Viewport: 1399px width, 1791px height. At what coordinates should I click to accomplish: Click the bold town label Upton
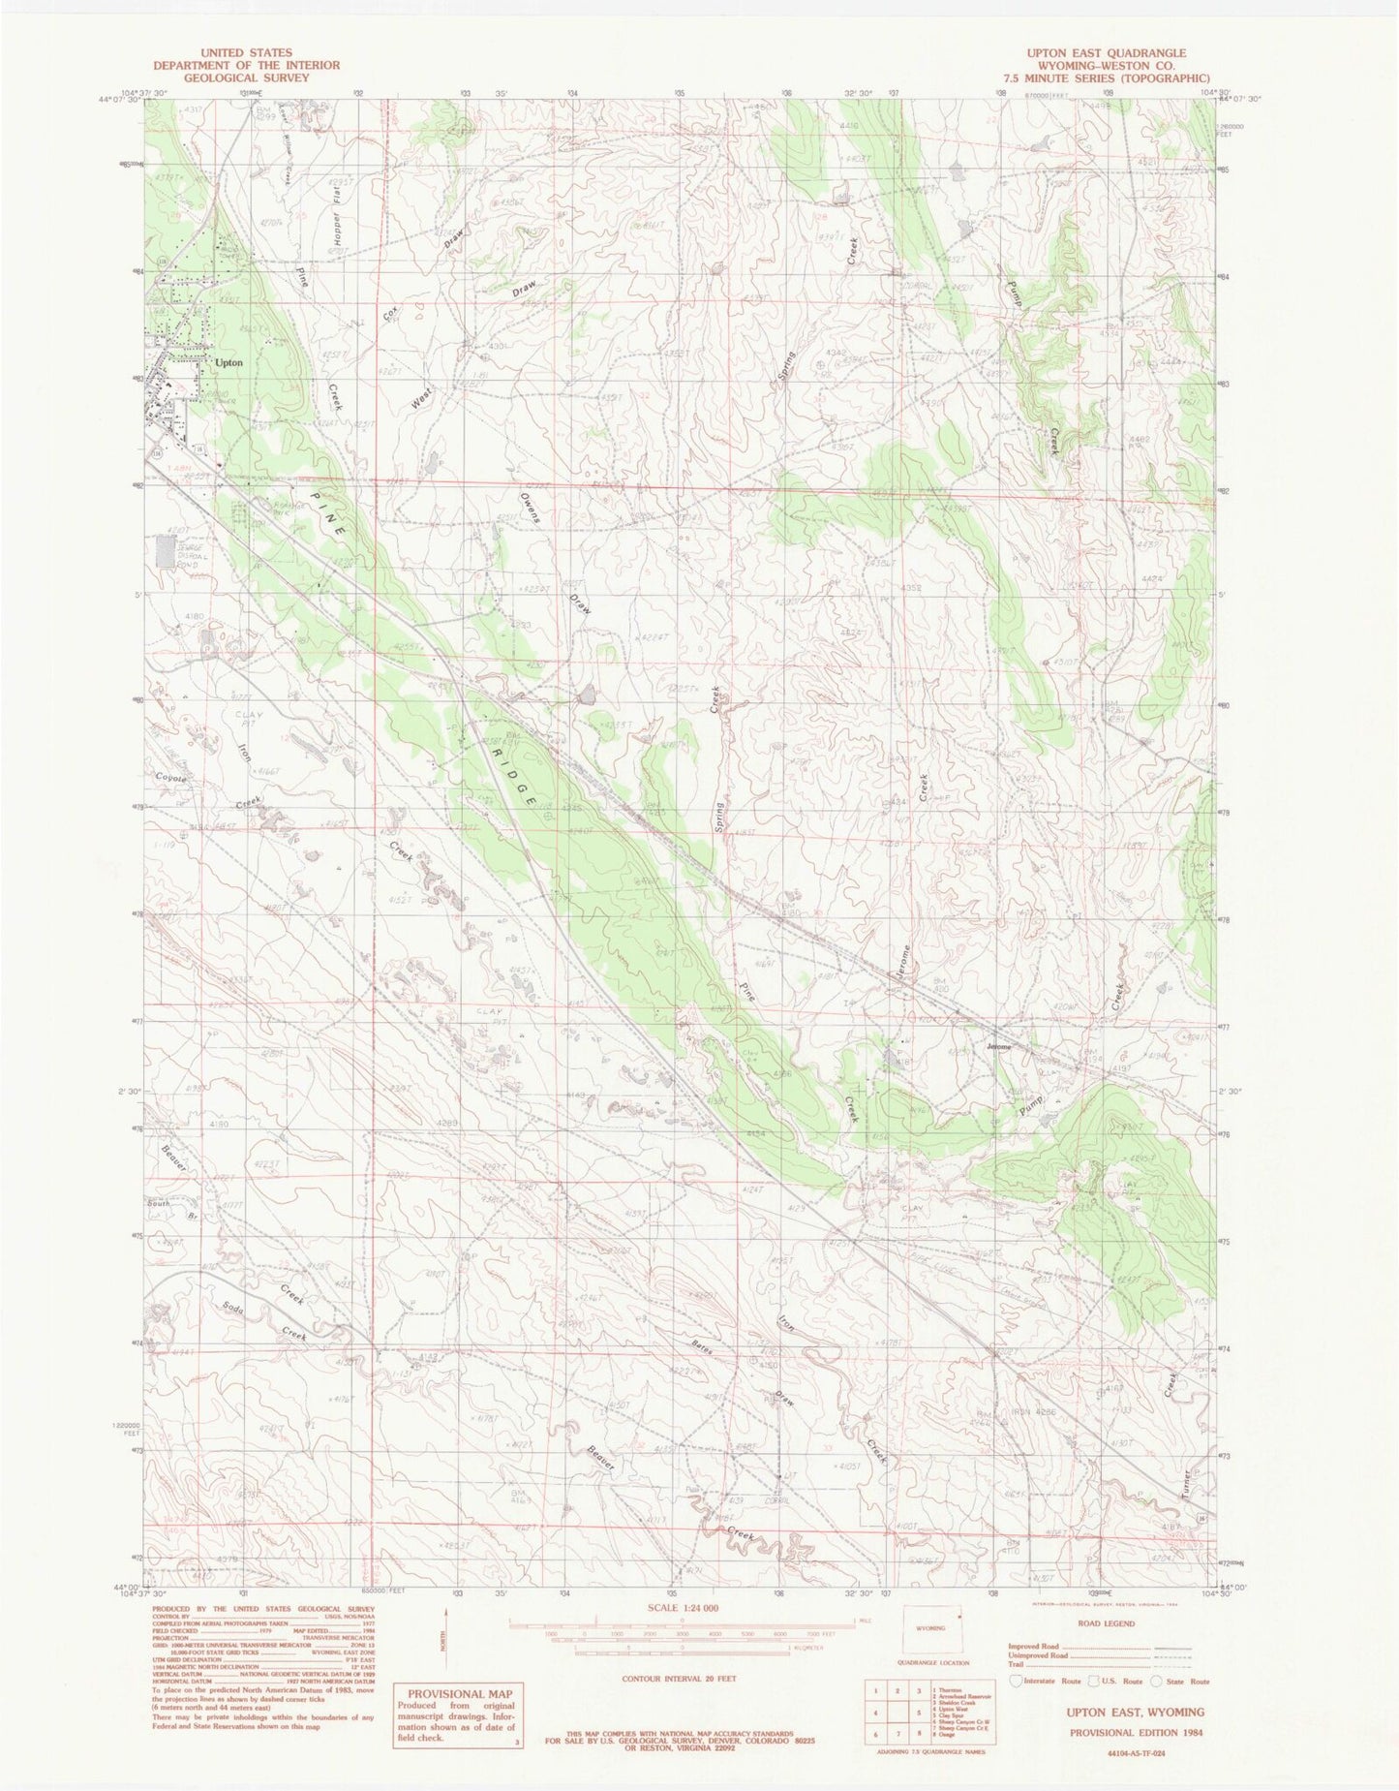click(x=229, y=363)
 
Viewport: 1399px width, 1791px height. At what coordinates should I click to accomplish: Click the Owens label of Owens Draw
click(x=530, y=503)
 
